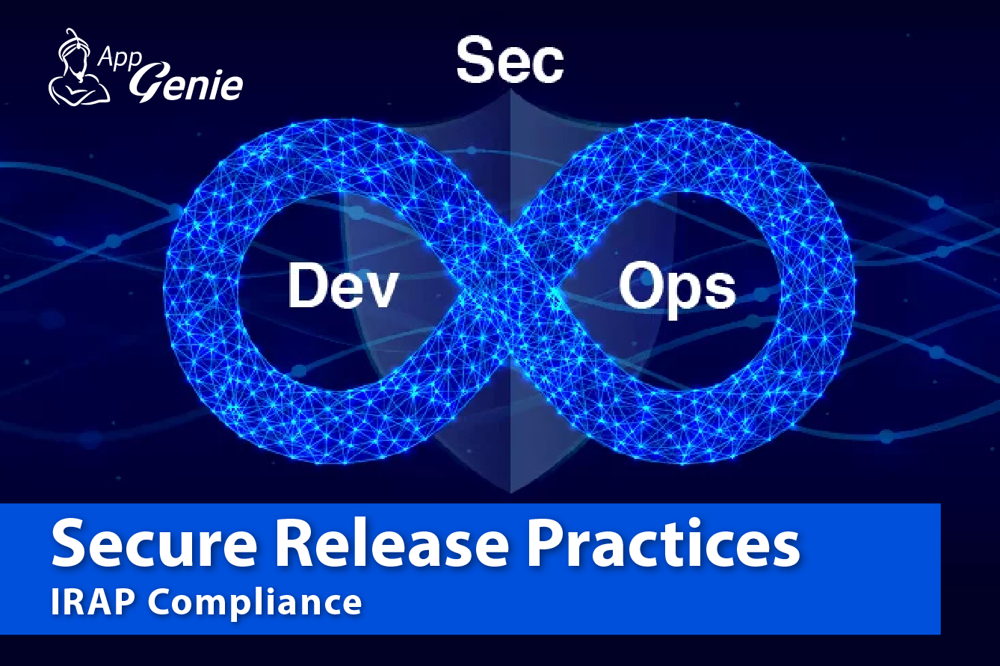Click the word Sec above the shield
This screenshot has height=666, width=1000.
coord(510,61)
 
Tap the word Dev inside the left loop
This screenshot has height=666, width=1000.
coord(343,286)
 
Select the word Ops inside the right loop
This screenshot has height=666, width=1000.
coord(677,289)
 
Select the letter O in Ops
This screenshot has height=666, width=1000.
coord(639,284)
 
